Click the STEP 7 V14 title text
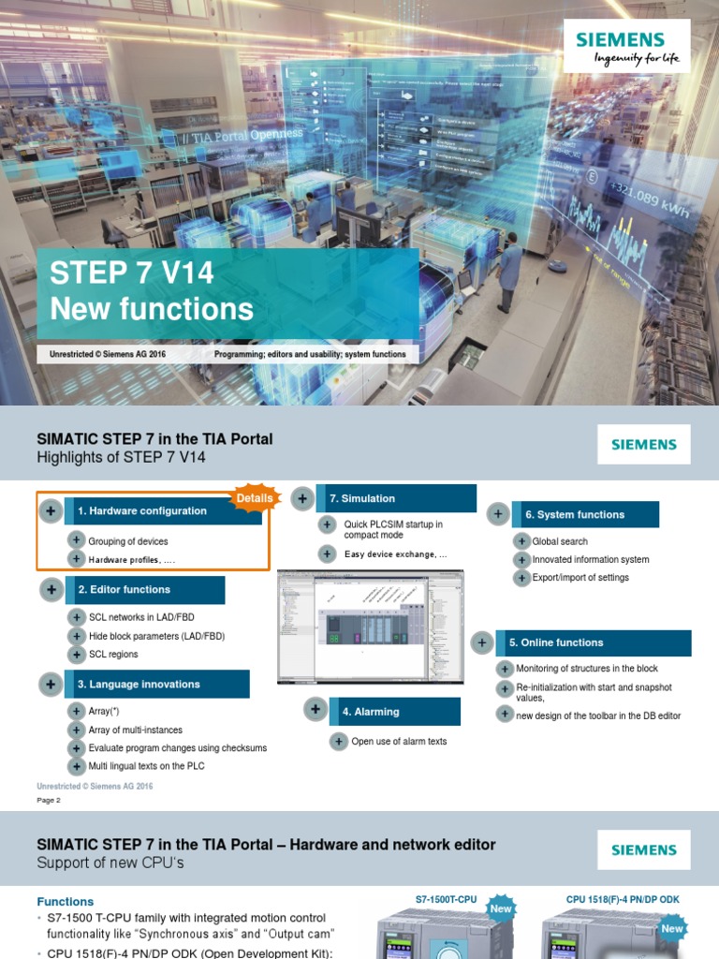(x=132, y=273)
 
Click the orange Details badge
(x=255, y=497)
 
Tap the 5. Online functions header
(x=593, y=643)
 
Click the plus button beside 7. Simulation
(x=302, y=499)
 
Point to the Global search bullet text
(x=560, y=541)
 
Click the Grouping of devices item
(x=128, y=541)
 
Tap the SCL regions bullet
(x=113, y=655)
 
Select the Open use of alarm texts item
(x=399, y=742)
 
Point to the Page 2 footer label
(x=49, y=801)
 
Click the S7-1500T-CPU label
(x=446, y=899)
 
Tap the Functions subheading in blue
(x=66, y=902)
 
